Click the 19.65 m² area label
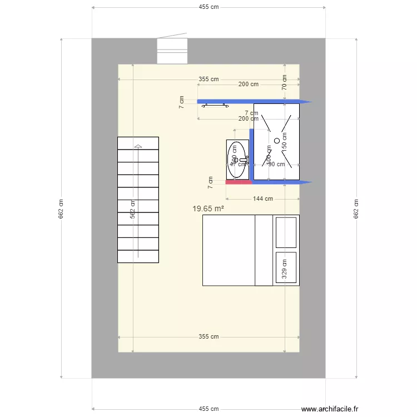[208, 209]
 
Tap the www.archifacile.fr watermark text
[329, 408]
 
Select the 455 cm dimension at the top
[209, 7]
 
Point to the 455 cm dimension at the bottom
[209, 409]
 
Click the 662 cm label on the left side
[61, 209]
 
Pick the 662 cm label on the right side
[356, 209]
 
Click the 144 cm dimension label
[262, 198]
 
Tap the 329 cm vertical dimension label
[284, 269]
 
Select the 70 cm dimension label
[284, 82]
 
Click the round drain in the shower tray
[276, 141]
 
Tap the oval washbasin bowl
[237, 160]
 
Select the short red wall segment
[237, 182]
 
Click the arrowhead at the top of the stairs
[138, 146]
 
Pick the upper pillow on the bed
[286, 232]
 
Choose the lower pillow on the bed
[286, 267]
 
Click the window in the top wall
[172, 51]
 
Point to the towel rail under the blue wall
[215, 105]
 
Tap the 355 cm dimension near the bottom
[209, 337]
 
